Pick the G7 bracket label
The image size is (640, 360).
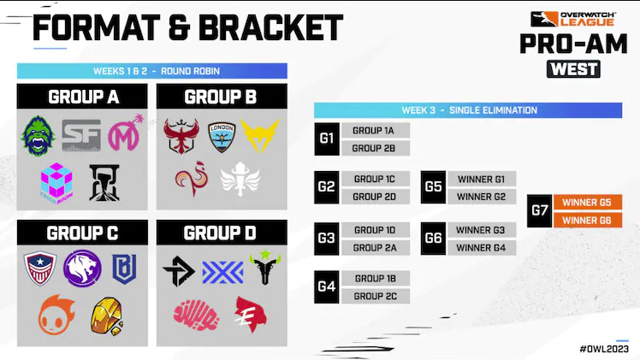click(x=539, y=210)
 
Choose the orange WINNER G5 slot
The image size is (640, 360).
click(x=587, y=203)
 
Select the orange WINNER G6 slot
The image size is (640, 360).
click(x=587, y=220)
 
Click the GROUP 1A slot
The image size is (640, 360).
click(x=375, y=131)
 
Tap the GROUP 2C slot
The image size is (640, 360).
click(x=375, y=296)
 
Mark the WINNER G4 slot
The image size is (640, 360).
click(x=481, y=248)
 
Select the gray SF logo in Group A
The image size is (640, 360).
click(x=81, y=135)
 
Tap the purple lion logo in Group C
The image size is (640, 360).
click(x=82, y=268)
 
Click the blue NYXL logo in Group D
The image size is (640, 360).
click(x=222, y=271)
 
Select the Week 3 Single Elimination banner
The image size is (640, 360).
click(x=468, y=110)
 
